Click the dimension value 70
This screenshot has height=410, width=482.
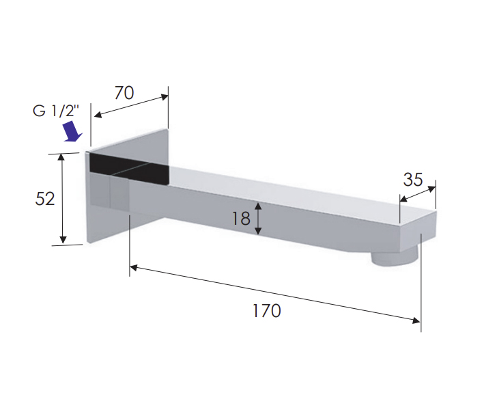[124, 93]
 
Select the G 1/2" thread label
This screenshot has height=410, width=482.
[56, 111]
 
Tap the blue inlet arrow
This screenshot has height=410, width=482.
[73, 132]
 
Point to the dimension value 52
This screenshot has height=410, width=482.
[45, 199]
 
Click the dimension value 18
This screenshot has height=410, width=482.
[241, 219]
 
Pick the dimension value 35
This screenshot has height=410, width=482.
[413, 180]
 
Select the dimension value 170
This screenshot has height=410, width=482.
[266, 311]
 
